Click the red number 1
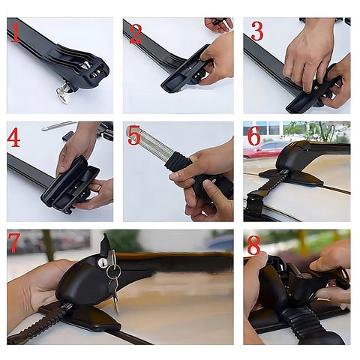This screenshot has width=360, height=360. point(14,32)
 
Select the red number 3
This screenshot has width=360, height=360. point(257,31)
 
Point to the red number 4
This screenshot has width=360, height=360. point(14,138)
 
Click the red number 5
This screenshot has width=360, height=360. point(134,136)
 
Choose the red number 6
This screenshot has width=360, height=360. point(254,136)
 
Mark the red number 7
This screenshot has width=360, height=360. point(14,243)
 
